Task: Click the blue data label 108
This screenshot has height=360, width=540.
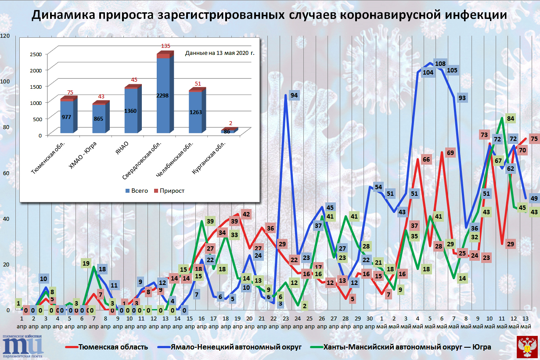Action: click(440, 63)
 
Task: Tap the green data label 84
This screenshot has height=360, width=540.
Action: click(510, 118)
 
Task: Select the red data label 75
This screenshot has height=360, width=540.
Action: click(534, 139)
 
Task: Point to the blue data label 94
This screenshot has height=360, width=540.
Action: click(294, 95)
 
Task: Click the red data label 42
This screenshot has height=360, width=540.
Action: click(246, 215)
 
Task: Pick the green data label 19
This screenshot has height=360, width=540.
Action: click(86, 263)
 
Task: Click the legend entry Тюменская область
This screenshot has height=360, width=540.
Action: click(113, 347)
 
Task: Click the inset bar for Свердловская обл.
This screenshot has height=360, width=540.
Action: click(163, 94)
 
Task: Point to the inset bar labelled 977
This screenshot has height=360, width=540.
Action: click(67, 116)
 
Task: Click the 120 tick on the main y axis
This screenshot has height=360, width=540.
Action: click(5, 36)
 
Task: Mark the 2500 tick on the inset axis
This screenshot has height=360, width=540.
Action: click(36, 54)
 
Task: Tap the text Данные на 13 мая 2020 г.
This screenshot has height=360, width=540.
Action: click(220, 53)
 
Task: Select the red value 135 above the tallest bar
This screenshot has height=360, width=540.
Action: click(166, 46)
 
